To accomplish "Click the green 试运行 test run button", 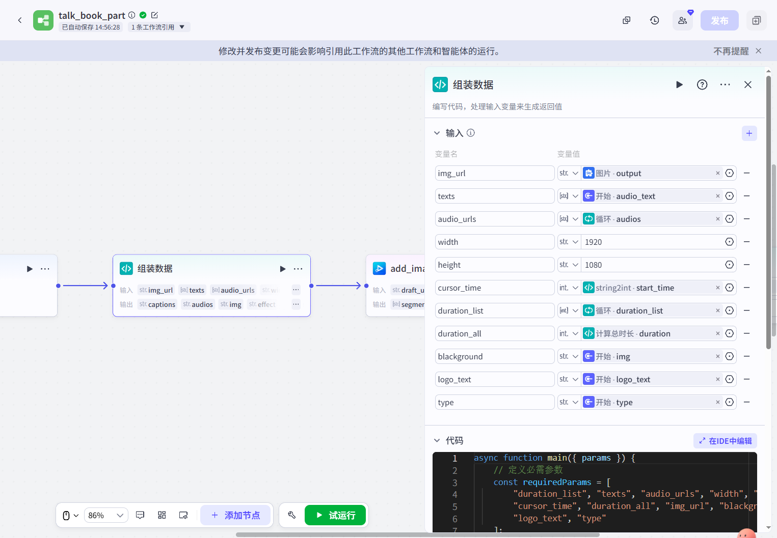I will pyautogui.click(x=335, y=515).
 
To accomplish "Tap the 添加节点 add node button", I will pyautogui.click(x=235, y=515).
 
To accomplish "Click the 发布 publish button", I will pyautogui.click(x=719, y=20).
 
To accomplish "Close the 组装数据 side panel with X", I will pyautogui.click(x=747, y=84).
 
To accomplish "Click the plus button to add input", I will pyautogui.click(x=749, y=133).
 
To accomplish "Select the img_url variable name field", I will pyautogui.click(x=494, y=173).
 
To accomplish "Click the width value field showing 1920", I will pyautogui.click(x=652, y=242).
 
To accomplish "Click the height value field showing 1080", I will pyautogui.click(x=652, y=265).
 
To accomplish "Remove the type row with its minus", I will pyautogui.click(x=746, y=402).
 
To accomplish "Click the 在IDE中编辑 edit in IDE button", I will pyautogui.click(x=725, y=441).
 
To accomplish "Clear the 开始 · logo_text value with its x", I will pyautogui.click(x=718, y=379).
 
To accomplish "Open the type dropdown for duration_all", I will pyautogui.click(x=569, y=333).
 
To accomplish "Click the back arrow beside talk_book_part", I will pyautogui.click(x=20, y=20).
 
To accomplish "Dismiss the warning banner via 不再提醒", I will pyautogui.click(x=731, y=51).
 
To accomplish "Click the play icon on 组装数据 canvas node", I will pyautogui.click(x=283, y=269).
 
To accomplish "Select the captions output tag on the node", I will pyautogui.click(x=157, y=304).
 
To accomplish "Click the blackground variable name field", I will pyautogui.click(x=494, y=356).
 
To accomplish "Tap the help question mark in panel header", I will pyautogui.click(x=702, y=84).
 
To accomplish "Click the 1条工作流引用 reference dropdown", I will pyautogui.click(x=158, y=27).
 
